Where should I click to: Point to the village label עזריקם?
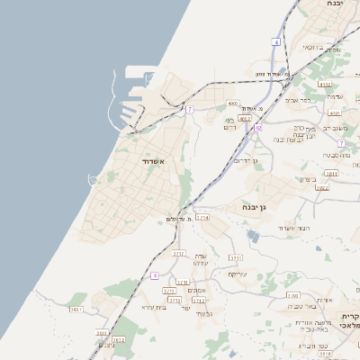coord(237,274)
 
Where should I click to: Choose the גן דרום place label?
coord(245,160)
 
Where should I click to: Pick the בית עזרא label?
coord(155,307)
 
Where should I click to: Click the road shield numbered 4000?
coord(232,103)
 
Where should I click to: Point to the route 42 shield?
coord(258,129)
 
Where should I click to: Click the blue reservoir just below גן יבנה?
coord(253,237)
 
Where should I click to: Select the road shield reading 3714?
coord(202,218)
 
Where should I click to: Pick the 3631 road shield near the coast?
coord(76,309)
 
